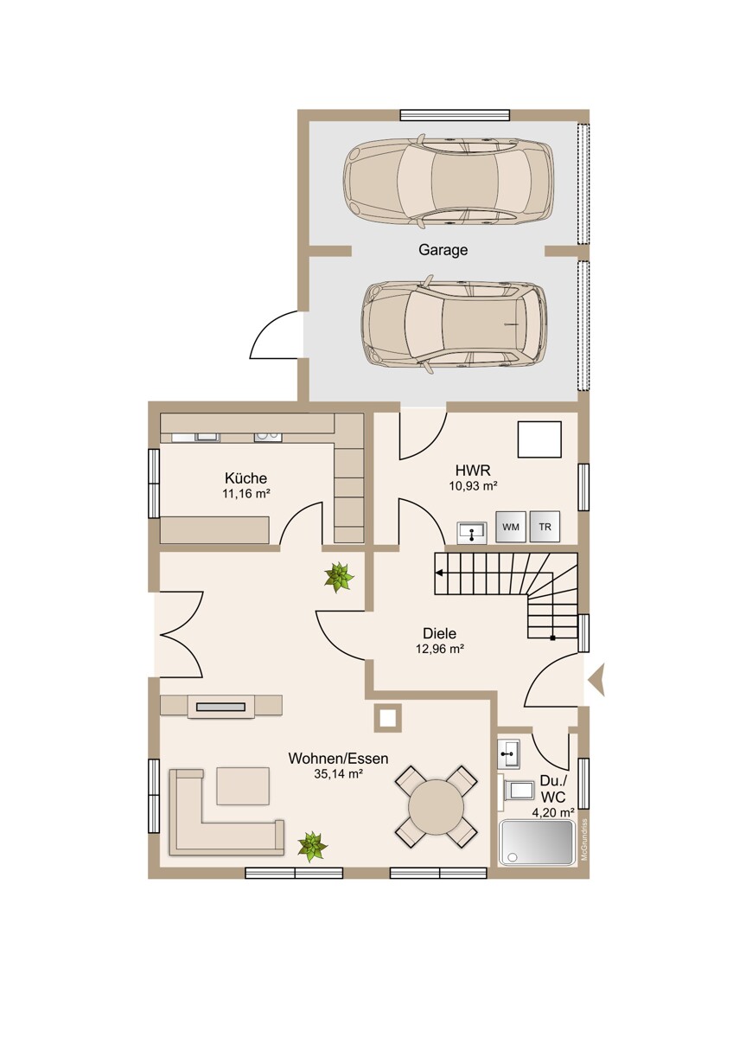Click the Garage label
point(443,250)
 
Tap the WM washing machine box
point(510,527)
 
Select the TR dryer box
point(545,527)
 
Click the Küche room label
point(245,477)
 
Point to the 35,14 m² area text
point(338,774)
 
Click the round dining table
point(436,807)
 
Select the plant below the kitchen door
point(339,578)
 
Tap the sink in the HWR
point(471,533)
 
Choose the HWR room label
point(473,471)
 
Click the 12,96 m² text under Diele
point(440,650)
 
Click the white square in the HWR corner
point(539,439)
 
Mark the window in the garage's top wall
point(455,115)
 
